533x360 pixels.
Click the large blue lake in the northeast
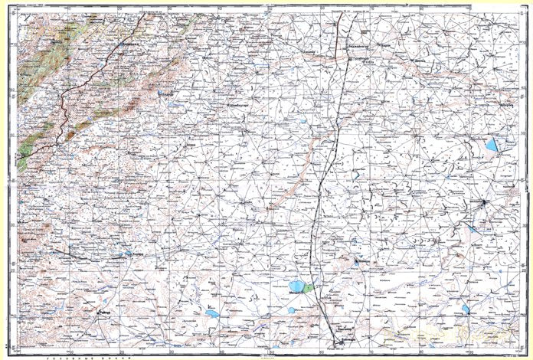(491, 145)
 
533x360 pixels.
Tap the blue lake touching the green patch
(296, 287)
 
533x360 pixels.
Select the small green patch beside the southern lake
(308, 288)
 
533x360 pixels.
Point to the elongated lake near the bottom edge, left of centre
(211, 313)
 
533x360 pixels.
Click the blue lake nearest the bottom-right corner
(466, 309)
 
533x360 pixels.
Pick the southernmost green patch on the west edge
(23, 161)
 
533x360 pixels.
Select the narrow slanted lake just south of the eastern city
(474, 229)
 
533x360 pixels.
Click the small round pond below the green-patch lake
(292, 309)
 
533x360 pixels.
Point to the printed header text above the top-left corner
(34, 4)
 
